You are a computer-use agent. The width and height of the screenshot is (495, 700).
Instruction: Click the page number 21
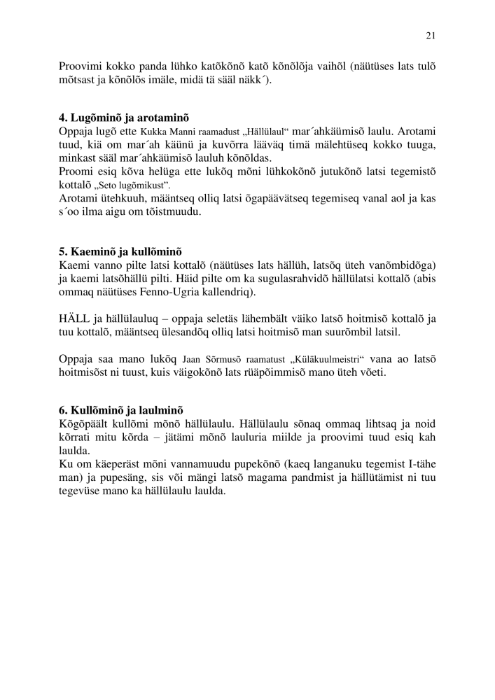(x=430, y=36)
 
